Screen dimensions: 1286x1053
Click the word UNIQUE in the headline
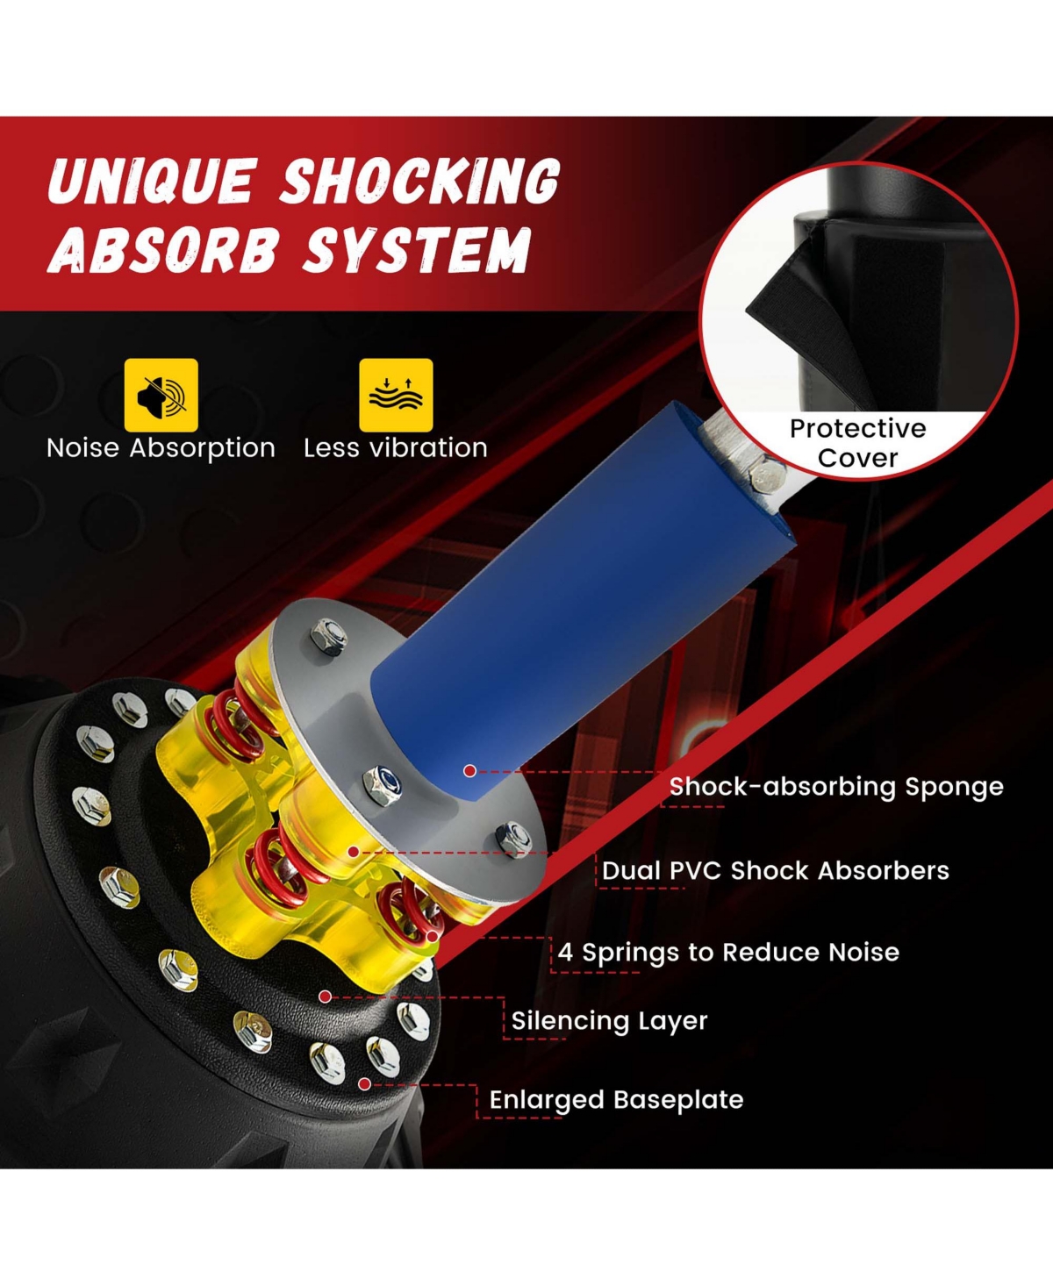coord(152,182)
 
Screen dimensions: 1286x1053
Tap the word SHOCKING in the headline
coord(419,182)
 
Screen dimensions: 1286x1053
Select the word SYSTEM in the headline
coord(418,250)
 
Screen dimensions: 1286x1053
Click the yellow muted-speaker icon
coord(161,395)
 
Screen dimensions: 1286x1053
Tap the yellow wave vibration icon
coord(396,395)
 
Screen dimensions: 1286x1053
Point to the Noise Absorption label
coord(161,448)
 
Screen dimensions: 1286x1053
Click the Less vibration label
coord(396,448)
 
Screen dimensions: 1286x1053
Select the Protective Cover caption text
coord(857,443)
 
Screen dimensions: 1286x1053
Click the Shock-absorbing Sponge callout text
coord(836,787)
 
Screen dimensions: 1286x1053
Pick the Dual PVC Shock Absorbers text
coord(776,871)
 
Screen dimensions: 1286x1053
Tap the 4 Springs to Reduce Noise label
coord(728,953)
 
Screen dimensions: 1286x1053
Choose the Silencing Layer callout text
coord(609,1021)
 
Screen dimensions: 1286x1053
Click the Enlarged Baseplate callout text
coord(616,1100)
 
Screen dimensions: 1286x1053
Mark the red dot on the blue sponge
coord(470,770)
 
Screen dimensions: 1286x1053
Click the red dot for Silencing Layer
coord(325,997)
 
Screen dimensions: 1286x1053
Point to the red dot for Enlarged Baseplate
coord(364,1084)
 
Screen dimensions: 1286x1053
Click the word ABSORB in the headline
coord(163,250)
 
